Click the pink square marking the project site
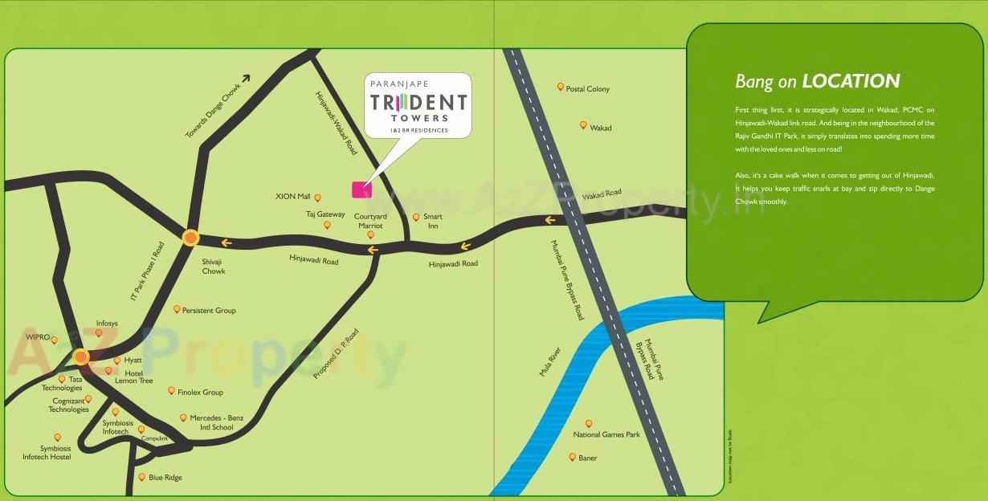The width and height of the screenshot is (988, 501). coord(362,189)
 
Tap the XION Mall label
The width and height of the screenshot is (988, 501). coord(292,197)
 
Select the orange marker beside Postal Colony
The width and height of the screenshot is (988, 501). coord(561,87)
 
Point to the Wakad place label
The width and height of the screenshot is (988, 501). coord(601,128)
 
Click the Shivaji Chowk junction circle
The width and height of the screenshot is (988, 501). coord(190,238)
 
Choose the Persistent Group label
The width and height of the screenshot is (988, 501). coord(209,311)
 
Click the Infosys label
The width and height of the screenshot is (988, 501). coord(107,324)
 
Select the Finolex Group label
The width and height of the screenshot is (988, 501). coord(201,393)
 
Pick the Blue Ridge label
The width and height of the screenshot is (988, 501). coord(165,478)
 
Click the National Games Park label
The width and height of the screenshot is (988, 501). coord(606,435)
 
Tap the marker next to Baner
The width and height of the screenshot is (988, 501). coord(572,457)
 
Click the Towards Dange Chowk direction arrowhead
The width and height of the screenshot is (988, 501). coord(245,79)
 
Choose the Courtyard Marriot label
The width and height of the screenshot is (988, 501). coord(370,222)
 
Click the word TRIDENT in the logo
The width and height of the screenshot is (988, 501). coord(418,103)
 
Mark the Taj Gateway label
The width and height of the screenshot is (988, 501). coord(325,214)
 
